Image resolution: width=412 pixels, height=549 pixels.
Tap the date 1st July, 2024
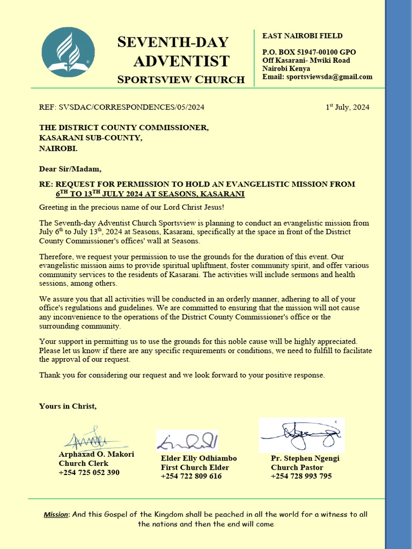(x=348, y=107)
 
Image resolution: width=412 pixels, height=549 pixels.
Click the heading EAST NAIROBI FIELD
(x=302, y=36)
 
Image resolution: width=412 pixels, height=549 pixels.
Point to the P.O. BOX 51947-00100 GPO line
(x=308, y=53)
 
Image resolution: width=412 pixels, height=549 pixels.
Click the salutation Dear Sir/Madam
(x=70, y=169)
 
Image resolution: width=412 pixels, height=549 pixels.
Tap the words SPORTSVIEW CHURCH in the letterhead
(x=181, y=80)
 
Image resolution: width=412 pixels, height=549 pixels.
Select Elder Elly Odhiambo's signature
(x=188, y=441)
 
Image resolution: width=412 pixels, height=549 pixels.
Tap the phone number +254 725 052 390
(x=89, y=472)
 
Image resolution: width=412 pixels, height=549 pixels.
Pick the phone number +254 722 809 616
(x=191, y=476)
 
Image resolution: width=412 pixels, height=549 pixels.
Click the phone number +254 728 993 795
(x=301, y=476)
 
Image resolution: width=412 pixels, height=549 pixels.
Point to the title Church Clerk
(x=84, y=463)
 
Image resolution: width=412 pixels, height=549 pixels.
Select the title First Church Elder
(x=195, y=468)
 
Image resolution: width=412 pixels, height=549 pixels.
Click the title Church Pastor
(x=297, y=468)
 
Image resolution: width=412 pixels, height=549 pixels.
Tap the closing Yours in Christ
(x=68, y=406)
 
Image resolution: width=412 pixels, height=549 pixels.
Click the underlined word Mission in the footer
(x=56, y=515)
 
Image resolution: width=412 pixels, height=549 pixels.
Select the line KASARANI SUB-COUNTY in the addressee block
(x=91, y=138)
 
